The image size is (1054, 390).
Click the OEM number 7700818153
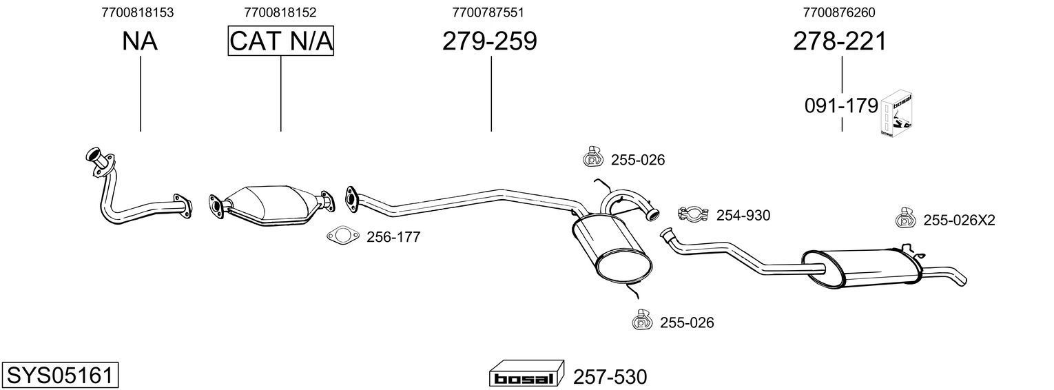tap(137, 12)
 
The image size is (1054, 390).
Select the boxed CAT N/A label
tap(281, 41)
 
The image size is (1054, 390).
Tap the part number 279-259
tap(489, 41)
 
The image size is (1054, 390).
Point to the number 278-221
tap(839, 41)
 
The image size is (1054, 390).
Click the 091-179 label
tap(841, 106)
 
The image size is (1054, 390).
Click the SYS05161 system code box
tap(59, 376)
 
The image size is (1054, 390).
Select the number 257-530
tap(610, 377)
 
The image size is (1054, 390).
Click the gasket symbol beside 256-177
tap(343, 236)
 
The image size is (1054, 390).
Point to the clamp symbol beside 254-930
tap(693, 215)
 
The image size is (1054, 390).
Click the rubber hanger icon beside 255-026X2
tap(905, 219)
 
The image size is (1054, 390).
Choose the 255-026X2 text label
tap(958, 220)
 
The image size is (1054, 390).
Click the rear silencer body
tap(861, 267)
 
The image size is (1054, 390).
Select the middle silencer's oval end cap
tap(624, 266)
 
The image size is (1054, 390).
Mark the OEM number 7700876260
tap(839, 12)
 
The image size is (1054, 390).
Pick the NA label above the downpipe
tap(140, 41)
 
